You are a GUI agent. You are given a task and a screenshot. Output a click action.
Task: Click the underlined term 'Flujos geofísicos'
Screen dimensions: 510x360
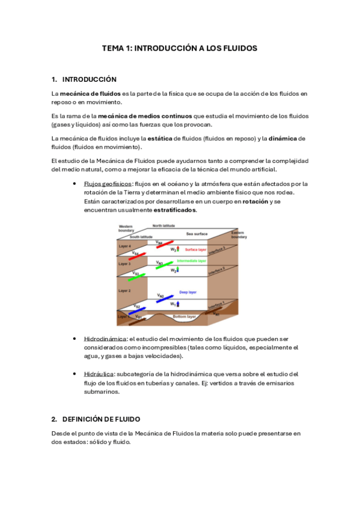(x=108, y=183)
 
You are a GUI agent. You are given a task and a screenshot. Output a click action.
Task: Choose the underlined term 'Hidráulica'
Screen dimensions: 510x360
(x=99, y=374)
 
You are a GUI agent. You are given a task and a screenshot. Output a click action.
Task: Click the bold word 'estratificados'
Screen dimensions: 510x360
(x=174, y=210)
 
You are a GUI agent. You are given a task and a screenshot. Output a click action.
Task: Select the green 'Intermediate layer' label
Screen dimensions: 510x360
(x=191, y=261)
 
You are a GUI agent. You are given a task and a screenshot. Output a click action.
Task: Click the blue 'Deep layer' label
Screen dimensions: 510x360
(x=188, y=292)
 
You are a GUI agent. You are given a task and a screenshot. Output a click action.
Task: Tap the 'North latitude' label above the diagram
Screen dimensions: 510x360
(x=164, y=226)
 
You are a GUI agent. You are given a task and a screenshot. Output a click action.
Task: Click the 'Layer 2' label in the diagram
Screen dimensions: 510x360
(x=125, y=290)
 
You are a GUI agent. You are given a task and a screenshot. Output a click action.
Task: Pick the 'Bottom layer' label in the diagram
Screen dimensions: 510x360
(x=185, y=316)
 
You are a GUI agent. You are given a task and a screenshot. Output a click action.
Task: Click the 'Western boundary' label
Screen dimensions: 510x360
(x=126, y=228)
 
